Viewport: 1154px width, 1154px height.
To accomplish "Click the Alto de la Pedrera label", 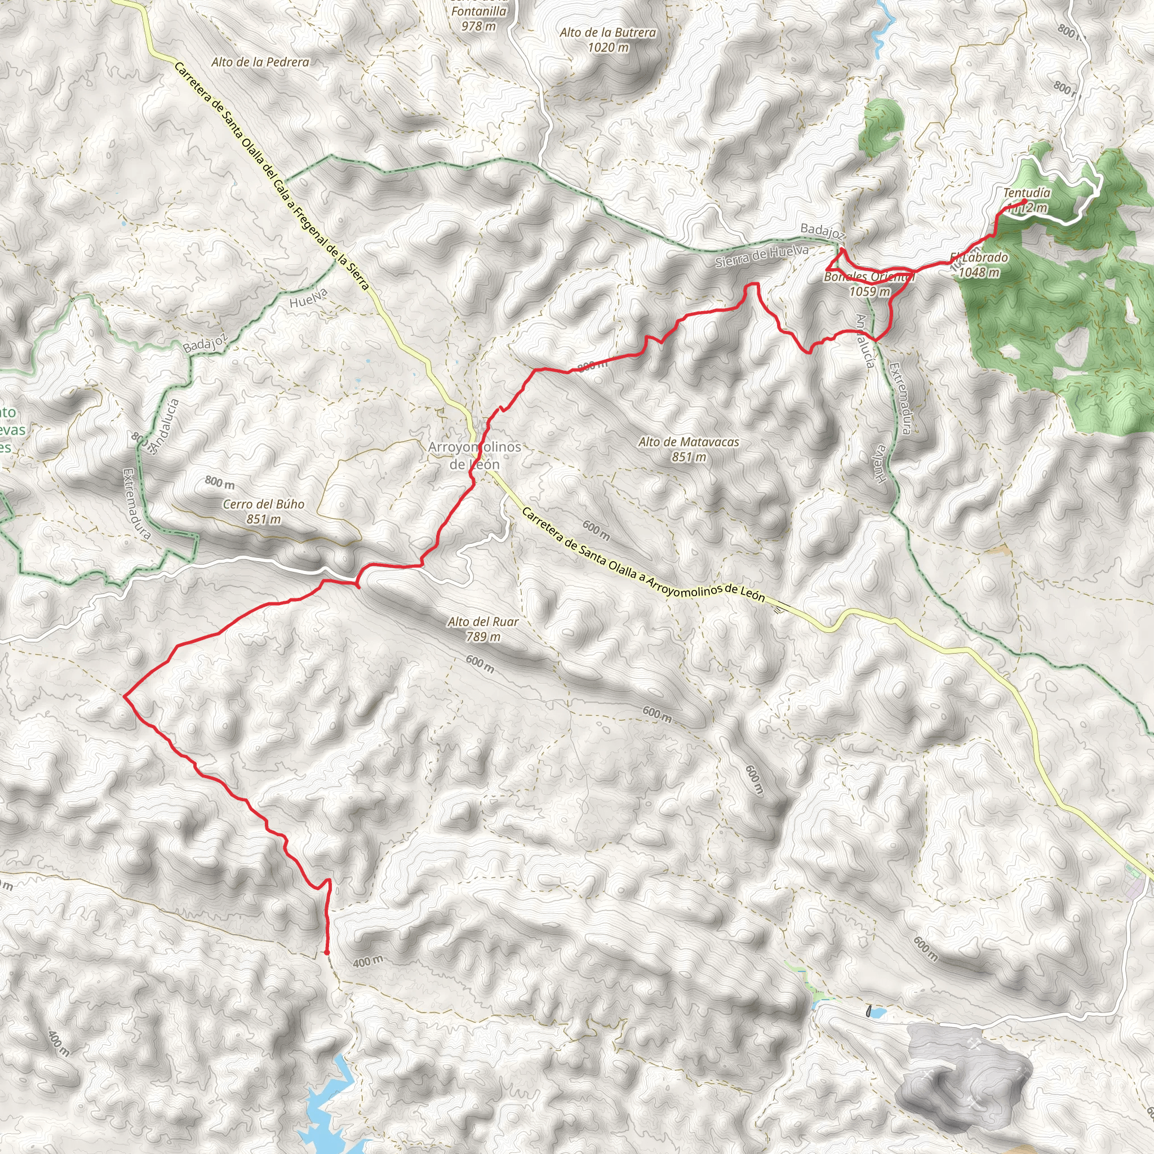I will pyautogui.click(x=260, y=61).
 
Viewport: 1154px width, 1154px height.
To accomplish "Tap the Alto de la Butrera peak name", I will pyautogui.click(x=607, y=33).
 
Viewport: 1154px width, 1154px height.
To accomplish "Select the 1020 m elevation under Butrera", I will pyautogui.click(x=608, y=47).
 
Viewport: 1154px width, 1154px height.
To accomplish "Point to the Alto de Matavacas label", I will pyautogui.click(x=689, y=442).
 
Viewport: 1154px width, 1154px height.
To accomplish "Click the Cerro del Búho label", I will pyautogui.click(x=263, y=504).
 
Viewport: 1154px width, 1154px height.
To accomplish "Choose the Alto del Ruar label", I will pyautogui.click(x=483, y=622).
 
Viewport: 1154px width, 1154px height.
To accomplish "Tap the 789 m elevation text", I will pyautogui.click(x=483, y=637).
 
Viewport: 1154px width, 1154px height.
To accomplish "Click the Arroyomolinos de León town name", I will pyautogui.click(x=474, y=455).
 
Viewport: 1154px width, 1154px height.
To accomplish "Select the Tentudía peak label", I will pyautogui.click(x=1026, y=193).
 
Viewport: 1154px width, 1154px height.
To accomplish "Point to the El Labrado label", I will pyautogui.click(x=979, y=258).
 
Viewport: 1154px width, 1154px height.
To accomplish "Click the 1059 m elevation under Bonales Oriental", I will pyautogui.click(x=869, y=291).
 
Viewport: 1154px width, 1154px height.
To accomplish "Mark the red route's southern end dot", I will pyautogui.click(x=327, y=952).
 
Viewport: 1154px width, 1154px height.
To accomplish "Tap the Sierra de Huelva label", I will pyautogui.click(x=762, y=256).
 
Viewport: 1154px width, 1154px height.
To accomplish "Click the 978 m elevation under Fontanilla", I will pyautogui.click(x=478, y=26).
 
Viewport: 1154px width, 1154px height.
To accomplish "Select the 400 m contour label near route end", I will pyautogui.click(x=368, y=962).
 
